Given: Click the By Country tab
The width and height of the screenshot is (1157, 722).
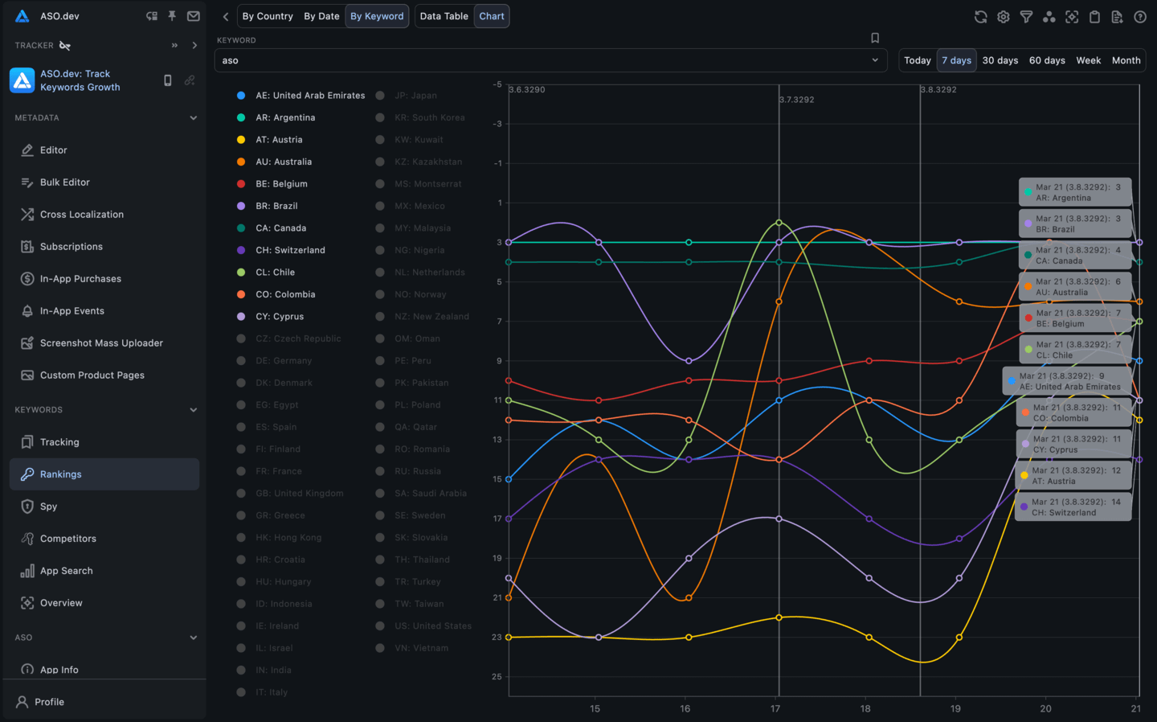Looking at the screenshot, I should (268, 16).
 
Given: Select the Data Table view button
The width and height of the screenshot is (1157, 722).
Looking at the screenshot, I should (444, 16).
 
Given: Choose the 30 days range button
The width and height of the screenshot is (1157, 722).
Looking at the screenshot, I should (1000, 60).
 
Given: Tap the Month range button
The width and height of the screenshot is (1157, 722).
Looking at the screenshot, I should (1126, 60).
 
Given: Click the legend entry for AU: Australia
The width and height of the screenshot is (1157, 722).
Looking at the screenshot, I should (283, 162).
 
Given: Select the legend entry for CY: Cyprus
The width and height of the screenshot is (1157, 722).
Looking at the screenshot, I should (279, 317).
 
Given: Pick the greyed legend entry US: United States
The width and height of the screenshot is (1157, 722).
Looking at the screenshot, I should (432, 626).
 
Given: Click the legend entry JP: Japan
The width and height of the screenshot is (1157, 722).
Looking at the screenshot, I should (415, 96).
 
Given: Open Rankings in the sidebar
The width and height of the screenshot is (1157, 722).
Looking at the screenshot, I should (61, 474).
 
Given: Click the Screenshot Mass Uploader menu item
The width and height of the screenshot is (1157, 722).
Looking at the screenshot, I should (101, 343).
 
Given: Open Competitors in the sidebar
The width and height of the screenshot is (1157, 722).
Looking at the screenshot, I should (68, 539).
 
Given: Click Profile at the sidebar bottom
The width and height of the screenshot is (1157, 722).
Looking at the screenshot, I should (49, 702).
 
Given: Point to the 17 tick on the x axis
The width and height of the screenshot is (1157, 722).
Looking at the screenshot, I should (775, 708).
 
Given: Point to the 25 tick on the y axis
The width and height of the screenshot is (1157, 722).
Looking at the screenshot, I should (497, 677).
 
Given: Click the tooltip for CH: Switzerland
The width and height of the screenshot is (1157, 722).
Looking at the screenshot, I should (1075, 507).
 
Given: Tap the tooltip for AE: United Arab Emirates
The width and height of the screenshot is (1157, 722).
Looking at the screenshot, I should (1069, 381).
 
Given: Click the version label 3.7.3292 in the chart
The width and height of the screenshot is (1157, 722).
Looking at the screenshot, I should (797, 100).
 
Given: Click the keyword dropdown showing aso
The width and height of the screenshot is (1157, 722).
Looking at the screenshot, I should (550, 60).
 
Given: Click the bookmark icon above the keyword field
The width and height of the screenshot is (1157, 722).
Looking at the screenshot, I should (875, 38).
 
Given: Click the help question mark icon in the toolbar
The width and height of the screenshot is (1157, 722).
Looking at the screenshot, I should (1139, 17).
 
